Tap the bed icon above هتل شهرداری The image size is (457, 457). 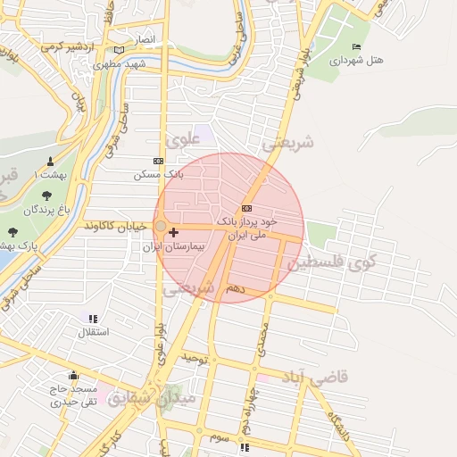coord(357,47)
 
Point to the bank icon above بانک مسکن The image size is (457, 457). coord(159,161)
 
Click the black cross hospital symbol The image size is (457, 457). coord(173,232)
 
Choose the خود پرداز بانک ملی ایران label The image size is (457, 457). coord(248,228)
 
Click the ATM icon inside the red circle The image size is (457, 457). coord(247,208)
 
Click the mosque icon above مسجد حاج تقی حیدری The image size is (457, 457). coord(73,376)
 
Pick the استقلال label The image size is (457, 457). coord(93,332)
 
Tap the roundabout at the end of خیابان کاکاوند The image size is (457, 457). coord(160,227)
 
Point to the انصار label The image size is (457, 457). coord(144,40)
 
